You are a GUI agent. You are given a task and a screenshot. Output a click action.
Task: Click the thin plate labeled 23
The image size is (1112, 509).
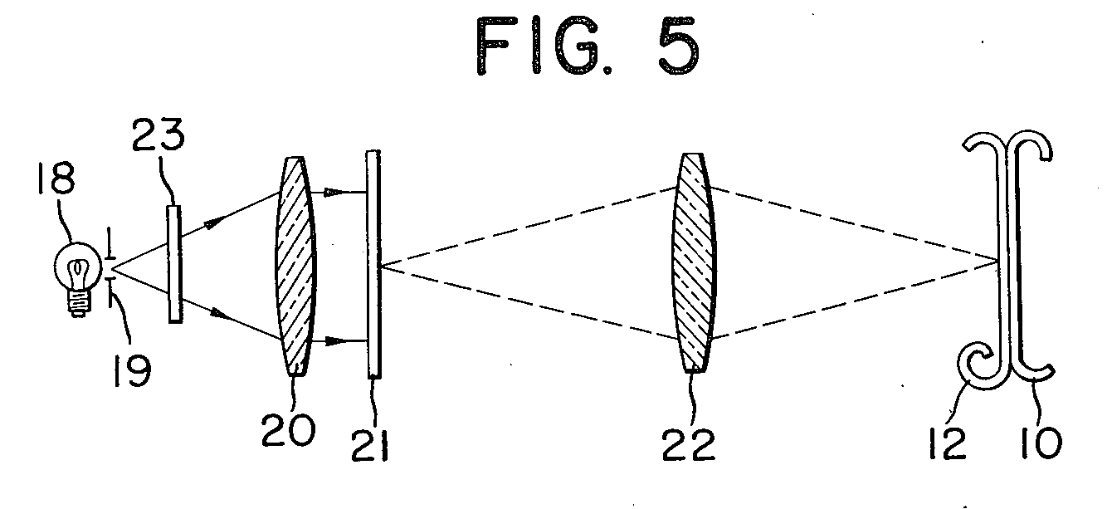[174, 264]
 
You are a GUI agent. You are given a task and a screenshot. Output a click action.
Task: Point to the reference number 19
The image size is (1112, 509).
[129, 369]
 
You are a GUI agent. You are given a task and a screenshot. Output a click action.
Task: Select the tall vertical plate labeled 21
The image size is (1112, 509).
[373, 264]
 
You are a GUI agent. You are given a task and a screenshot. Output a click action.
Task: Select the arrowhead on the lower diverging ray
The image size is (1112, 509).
[219, 314]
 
